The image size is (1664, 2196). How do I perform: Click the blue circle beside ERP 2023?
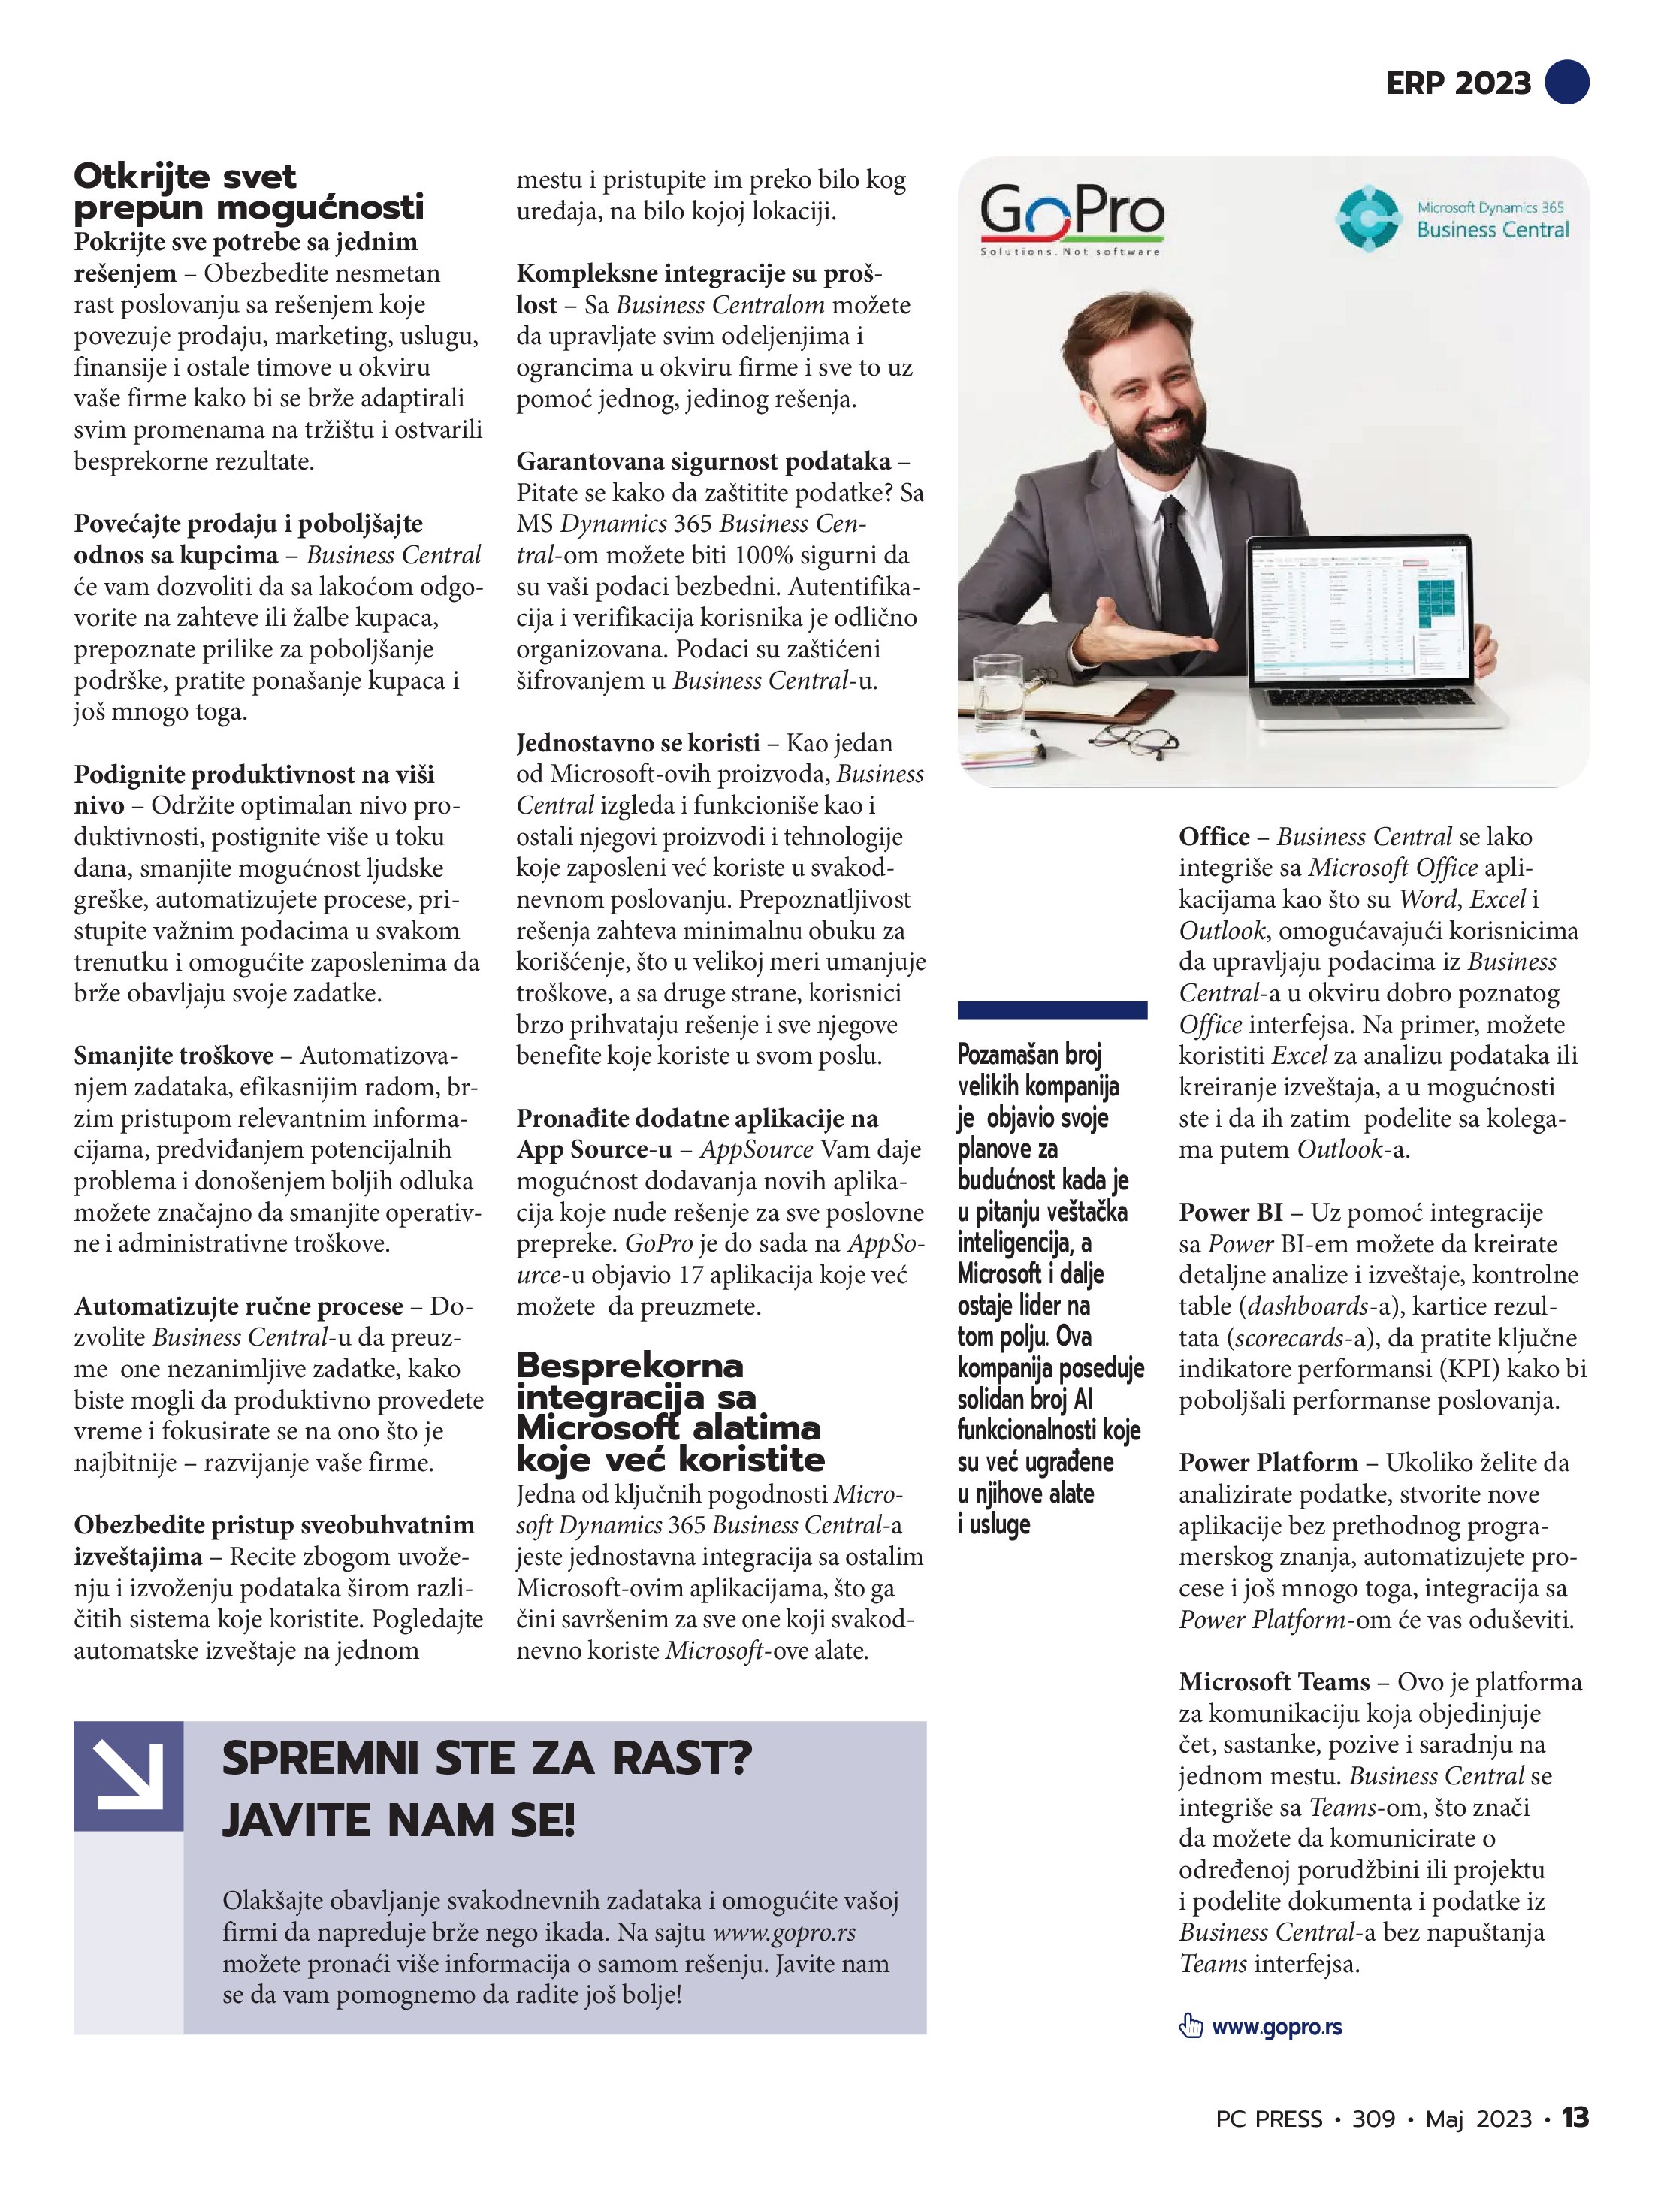[x=1566, y=83]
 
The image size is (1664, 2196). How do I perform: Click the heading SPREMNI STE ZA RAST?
[x=487, y=1760]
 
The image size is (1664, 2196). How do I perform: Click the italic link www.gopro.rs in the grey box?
[x=784, y=1933]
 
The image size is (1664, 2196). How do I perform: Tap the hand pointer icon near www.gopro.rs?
[x=1189, y=2026]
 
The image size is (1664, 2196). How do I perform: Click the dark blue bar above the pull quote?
[x=1052, y=1010]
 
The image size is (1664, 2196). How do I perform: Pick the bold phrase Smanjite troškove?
[x=173, y=1056]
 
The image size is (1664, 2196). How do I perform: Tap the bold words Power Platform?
[x=1268, y=1462]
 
